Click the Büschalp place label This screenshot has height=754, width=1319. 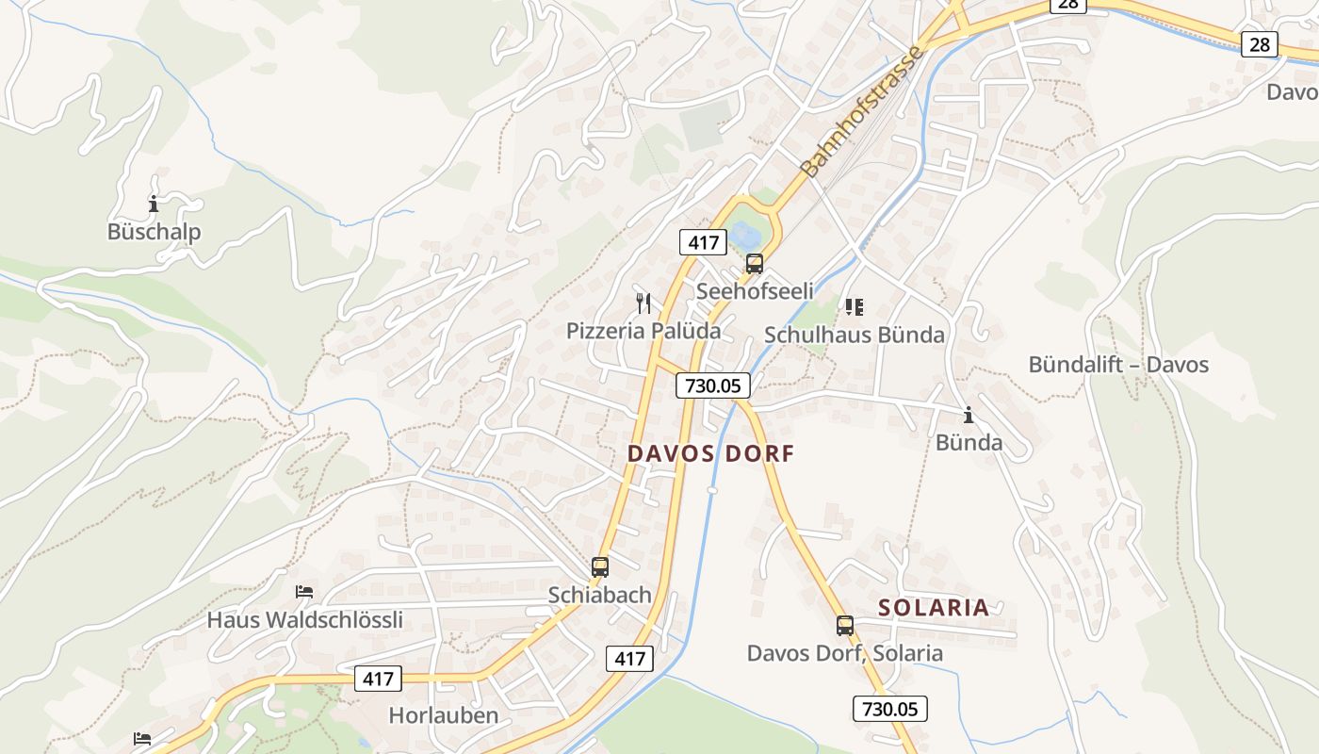click(154, 232)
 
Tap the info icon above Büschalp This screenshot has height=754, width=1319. click(154, 204)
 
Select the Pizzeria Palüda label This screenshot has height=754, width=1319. click(643, 331)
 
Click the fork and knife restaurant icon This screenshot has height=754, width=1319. click(643, 303)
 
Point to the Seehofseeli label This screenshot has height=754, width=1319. click(754, 291)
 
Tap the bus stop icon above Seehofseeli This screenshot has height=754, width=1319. click(754, 264)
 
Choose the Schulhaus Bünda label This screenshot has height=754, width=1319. click(854, 335)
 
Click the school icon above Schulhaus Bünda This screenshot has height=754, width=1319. click(854, 306)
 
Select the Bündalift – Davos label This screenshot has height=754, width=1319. click(1118, 365)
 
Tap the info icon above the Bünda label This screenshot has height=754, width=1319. click(969, 415)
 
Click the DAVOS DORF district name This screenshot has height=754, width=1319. click(711, 453)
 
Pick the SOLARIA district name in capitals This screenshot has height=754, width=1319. click(934, 608)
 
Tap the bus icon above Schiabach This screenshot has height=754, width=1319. click(600, 567)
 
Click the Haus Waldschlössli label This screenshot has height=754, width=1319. click(305, 620)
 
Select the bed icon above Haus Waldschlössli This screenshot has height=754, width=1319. click(304, 592)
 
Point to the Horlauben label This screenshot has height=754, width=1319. click(444, 715)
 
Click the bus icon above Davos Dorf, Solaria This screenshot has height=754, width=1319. click(845, 625)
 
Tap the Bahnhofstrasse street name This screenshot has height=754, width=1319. click(862, 110)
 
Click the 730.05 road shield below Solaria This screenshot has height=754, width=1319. click(890, 709)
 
